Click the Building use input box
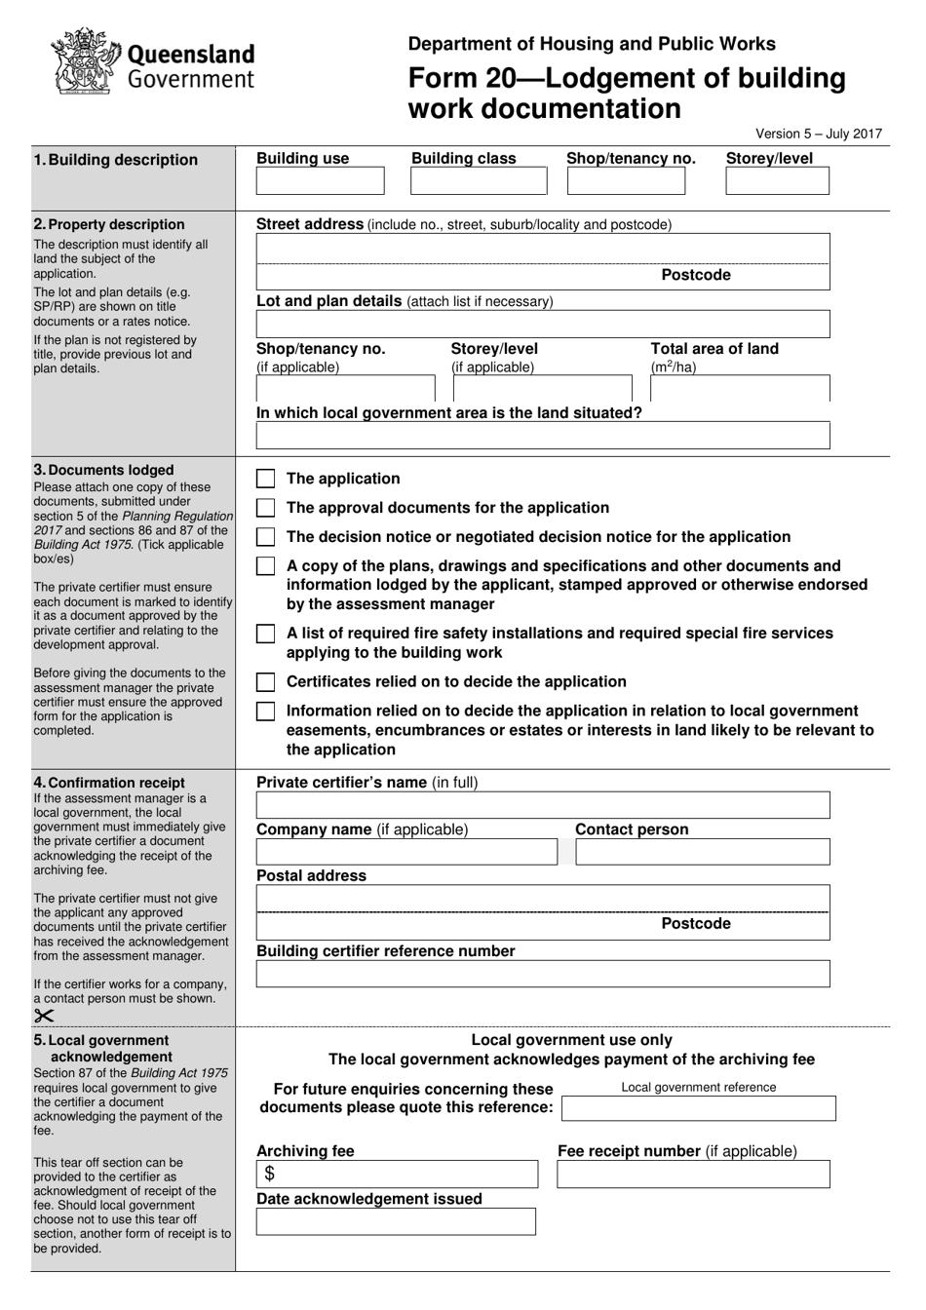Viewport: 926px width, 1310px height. pyautogui.click(x=320, y=181)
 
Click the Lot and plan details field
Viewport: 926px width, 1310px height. pyautogui.click(x=543, y=325)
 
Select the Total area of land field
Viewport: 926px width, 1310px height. pyautogui.click(x=740, y=389)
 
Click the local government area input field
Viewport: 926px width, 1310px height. pyautogui.click(x=543, y=436)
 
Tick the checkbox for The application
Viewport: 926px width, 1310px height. pyautogui.click(x=265, y=479)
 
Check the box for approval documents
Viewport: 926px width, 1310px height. pyautogui.click(x=265, y=508)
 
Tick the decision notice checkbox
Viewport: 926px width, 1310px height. pyautogui.click(x=265, y=537)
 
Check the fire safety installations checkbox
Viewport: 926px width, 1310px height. pyautogui.click(x=265, y=635)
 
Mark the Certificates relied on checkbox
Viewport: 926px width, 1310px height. pyautogui.click(x=265, y=682)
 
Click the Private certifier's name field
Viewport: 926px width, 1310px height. pyautogui.click(x=543, y=805)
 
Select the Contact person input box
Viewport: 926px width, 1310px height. pyautogui.click(x=702, y=852)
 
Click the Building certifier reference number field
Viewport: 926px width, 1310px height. pyautogui.click(x=543, y=974)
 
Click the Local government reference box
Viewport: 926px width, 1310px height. pyautogui.click(x=699, y=1108)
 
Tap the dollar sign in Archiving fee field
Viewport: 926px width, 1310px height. pyautogui.click(x=270, y=1175)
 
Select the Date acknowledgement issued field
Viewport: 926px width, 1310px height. pyautogui.click(x=396, y=1222)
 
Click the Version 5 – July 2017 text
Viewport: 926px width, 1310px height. pyautogui.click(x=819, y=135)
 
